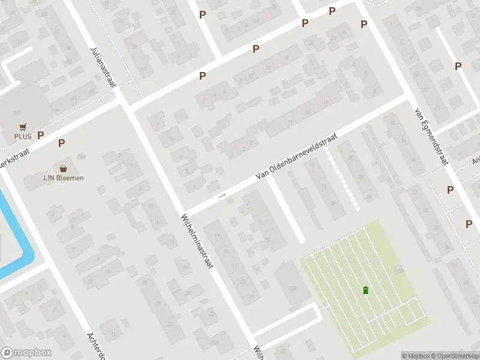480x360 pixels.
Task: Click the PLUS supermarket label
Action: (x=23, y=136)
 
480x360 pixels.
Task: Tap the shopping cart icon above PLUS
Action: (x=23, y=127)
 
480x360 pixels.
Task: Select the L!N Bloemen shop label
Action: (x=63, y=178)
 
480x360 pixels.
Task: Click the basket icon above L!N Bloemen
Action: (x=63, y=168)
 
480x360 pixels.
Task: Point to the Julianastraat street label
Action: (x=103, y=67)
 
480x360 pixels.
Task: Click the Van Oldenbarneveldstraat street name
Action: (x=296, y=156)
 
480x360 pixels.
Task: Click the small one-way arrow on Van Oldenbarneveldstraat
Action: (x=223, y=195)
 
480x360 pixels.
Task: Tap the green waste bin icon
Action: (x=365, y=290)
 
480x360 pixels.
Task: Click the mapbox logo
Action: (x=26, y=353)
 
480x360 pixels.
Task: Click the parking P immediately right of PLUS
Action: (x=41, y=135)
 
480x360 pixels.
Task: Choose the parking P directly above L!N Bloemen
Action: (x=61, y=143)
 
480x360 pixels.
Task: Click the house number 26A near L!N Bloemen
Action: (x=81, y=157)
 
